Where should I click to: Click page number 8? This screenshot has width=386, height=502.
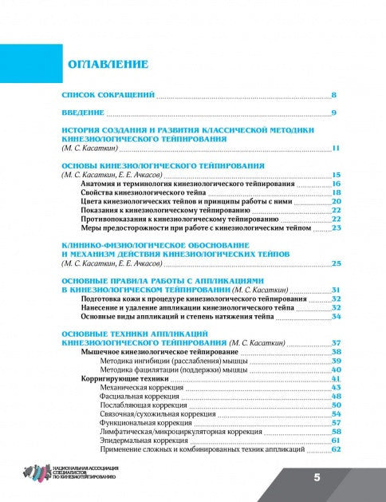click(335, 94)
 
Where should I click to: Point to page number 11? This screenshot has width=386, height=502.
click(337, 148)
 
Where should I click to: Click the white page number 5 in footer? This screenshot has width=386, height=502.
click(317, 477)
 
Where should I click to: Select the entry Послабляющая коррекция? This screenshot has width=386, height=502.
click(142, 405)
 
